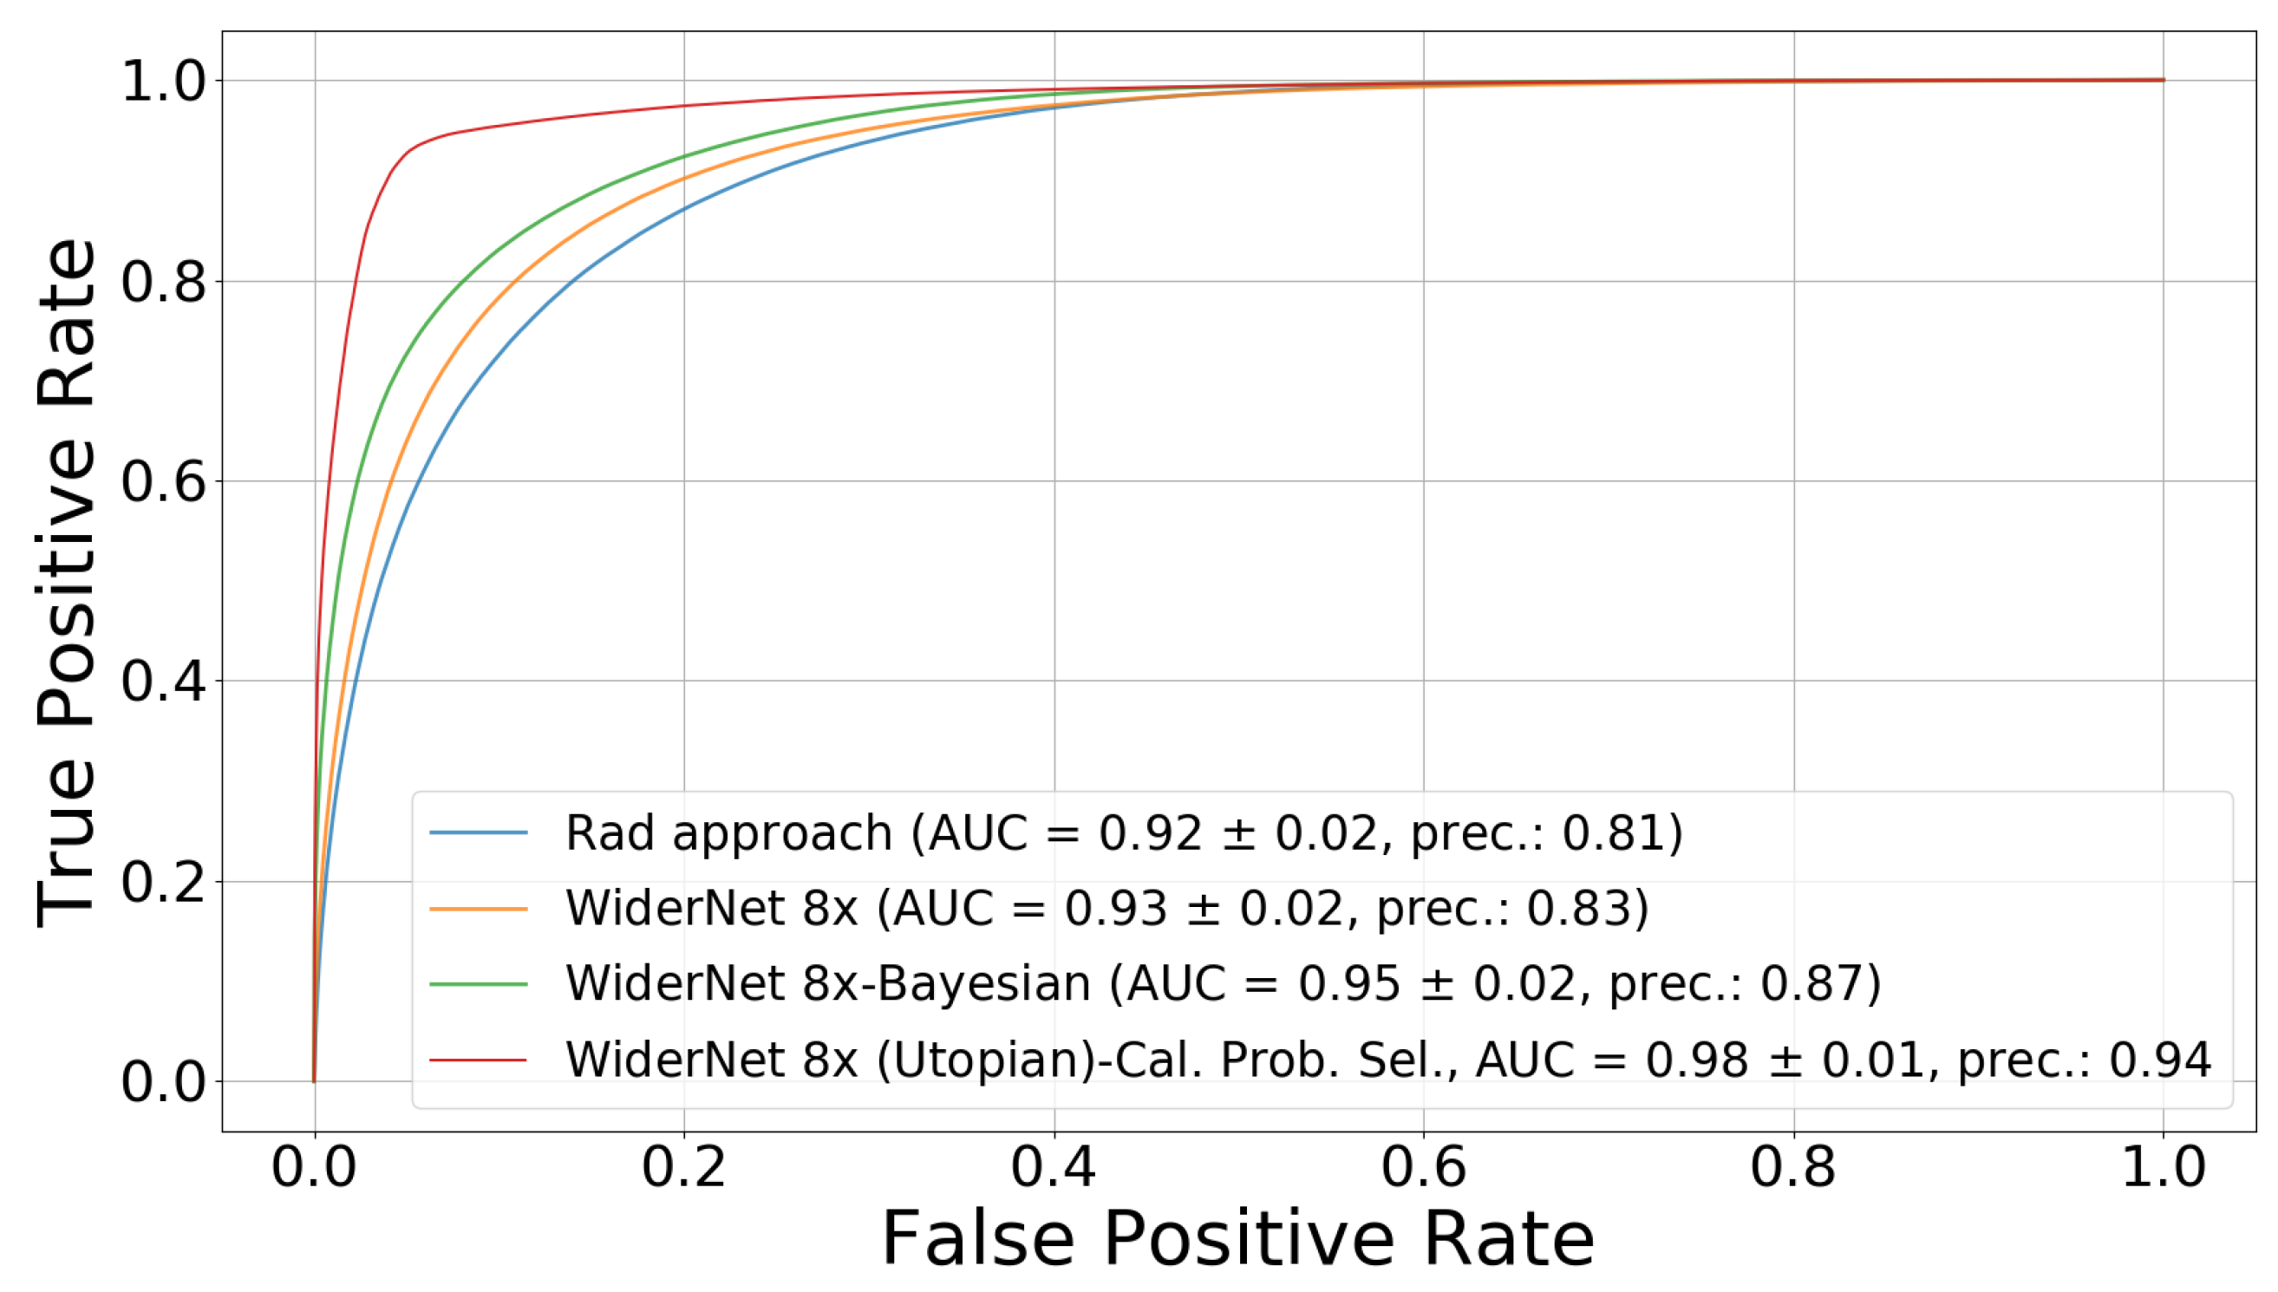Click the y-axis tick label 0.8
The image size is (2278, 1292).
(163, 283)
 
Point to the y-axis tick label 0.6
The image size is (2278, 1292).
(163, 483)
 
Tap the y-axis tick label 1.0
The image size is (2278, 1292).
(163, 82)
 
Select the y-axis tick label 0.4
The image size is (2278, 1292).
(163, 682)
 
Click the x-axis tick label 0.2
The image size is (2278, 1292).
(683, 1167)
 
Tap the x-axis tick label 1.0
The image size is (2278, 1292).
(2163, 1167)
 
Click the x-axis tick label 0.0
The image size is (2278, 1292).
(313, 1167)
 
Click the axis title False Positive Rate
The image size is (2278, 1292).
(1238, 1240)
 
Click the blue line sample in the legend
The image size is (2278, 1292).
(479, 832)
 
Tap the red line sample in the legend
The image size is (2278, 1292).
(479, 1060)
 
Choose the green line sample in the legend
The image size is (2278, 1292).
(479, 984)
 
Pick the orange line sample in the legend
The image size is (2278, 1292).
(479, 909)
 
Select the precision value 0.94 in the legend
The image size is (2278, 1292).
(2159, 1060)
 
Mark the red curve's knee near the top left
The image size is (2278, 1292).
(404, 156)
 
